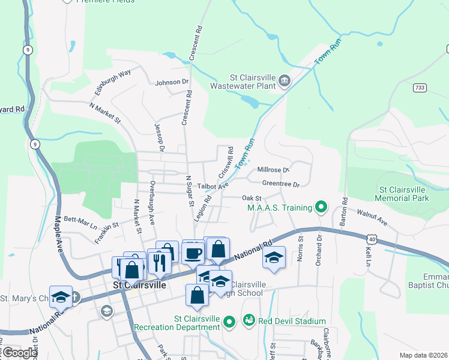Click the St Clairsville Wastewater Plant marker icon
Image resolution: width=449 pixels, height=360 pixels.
(x=285, y=80)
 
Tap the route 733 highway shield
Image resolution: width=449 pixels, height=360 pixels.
(x=420, y=88)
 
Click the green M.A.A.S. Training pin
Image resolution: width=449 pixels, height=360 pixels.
(x=321, y=208)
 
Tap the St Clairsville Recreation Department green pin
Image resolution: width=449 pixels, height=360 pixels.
(x=229, y=322)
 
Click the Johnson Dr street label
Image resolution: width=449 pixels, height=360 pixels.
(x=172, y=82)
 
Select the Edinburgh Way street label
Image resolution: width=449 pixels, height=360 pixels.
(x=113, y=82)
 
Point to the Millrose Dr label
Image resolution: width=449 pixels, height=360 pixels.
(x=273, y=170)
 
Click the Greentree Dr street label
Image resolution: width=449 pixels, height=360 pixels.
(x=280, y=184)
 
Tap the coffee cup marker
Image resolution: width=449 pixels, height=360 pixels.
(x=193, y=252)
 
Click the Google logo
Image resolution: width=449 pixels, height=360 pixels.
(x=20, y=353)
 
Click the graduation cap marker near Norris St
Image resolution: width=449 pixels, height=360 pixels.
(x=274, y=258)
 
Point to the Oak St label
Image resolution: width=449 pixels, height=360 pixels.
(x=252, y=197)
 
